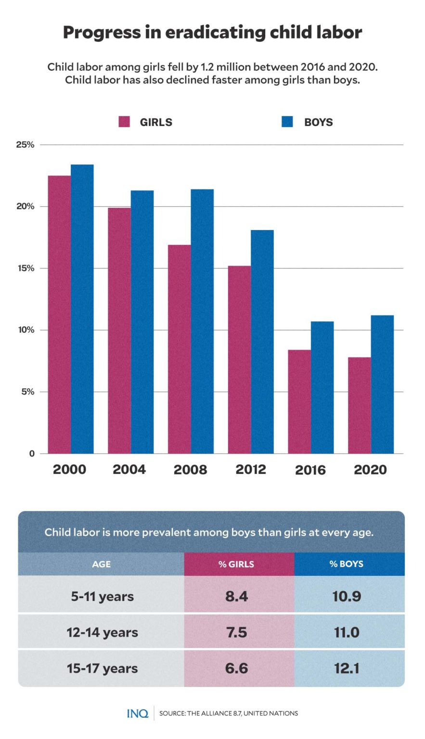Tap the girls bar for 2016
(x=299, y=401)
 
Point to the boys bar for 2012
(x=262, y=342)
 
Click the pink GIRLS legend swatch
(x=124, y=122)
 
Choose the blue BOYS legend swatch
(x=287, y=122)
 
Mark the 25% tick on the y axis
(x=25, y=145)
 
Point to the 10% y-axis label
(x=25, y=330)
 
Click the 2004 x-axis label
(x=129, y=470)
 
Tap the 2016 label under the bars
(x=310, y=470)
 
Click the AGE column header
(x=101, y=564)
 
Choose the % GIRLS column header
(x=236, y=564)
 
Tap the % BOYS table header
(x=347, y=564)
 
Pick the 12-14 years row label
(x=102, y=632)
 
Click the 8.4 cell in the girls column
(x=236, y=597)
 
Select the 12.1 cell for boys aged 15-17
(x=347, y=668)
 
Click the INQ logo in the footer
(x=138, y=713)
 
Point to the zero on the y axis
(x=32, y=454)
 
